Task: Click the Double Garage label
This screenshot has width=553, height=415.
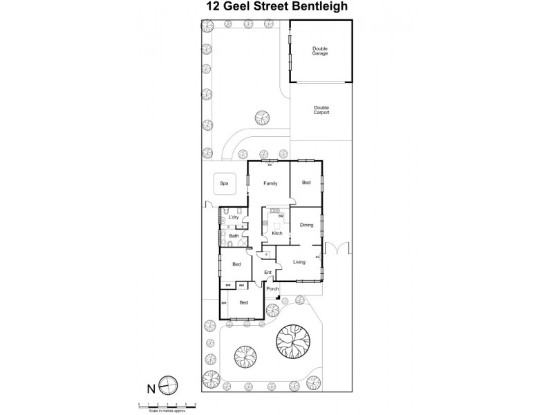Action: point(319,50)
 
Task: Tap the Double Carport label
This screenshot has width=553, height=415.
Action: point(321,109)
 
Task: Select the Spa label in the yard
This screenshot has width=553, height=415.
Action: point(223,183)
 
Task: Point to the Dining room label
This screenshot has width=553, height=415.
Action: point(306,225)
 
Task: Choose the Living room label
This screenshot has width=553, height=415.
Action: point(299,261)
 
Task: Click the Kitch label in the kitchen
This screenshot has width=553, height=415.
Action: point(276,233)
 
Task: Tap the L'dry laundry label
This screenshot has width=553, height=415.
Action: point(234,218)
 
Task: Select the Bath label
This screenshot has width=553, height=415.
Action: point(234,236)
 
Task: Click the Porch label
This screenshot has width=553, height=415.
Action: point(272,288)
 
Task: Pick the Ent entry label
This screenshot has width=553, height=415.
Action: point(268,272)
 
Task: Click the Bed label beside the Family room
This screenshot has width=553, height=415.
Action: point(306,183)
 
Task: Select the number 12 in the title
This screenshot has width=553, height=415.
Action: point(214,8)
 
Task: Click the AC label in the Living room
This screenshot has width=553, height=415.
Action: point(318,257)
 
